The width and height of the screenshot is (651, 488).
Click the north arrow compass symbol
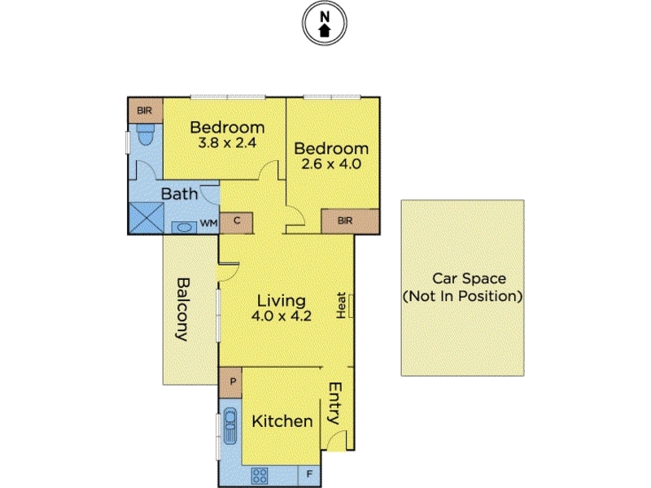[x=324, y=23]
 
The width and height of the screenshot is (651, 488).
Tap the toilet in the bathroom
[x=146, y=133]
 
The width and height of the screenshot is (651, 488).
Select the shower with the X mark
[x=146, y=218]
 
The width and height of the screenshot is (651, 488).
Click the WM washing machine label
[x=208, y=223]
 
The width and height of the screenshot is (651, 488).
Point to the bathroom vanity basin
[x=185, y=228]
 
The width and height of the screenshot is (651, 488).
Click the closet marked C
[x=236, y=223]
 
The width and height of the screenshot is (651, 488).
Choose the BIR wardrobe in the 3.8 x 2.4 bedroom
[x=145, y=111]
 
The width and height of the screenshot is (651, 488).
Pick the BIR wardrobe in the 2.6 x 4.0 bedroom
[x=350, y=221]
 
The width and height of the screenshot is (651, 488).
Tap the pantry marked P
[x=230, y=382]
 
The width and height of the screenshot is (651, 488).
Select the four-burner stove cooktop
[x=260, y=476]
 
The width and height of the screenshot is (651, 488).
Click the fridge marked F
[x=309, y=475]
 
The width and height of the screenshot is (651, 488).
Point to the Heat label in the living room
[x=341, y=306]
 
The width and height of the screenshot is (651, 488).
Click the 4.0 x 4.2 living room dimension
[x=281, y=316]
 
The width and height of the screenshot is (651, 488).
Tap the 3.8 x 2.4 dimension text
[x=227, y=143]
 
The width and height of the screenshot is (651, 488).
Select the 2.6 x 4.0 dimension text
[x=331, y=164]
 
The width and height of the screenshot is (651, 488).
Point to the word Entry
[x=334, y=403]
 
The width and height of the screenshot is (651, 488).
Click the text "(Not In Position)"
[x=462, y=296]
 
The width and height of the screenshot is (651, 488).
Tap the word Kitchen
[x=282, y=421]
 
